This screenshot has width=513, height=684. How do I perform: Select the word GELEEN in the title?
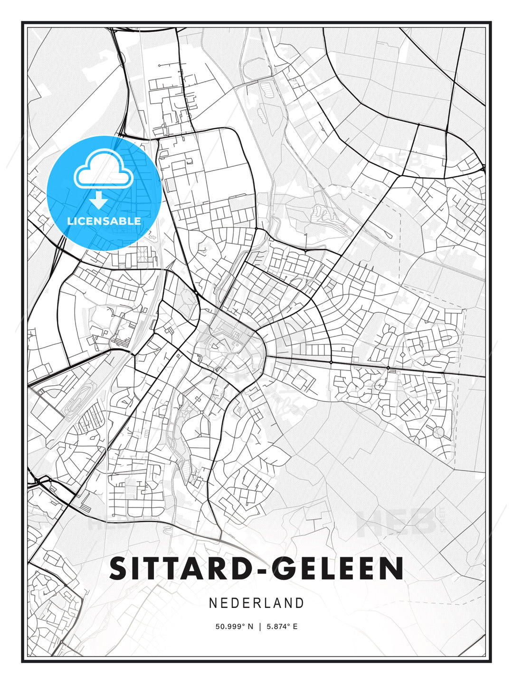tap(340, 569)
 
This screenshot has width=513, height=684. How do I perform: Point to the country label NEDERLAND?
tap(256, 603)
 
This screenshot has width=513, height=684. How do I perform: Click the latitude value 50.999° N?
tap(235, 627)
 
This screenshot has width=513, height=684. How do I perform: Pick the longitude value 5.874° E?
tap(282, 627)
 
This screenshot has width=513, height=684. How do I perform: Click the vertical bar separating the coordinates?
tap(260, 627)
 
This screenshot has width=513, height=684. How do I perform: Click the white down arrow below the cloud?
tap(99, 200)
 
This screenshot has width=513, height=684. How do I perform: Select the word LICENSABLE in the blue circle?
tap(104, 221)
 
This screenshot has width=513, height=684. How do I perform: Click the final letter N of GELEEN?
tap(393, 569)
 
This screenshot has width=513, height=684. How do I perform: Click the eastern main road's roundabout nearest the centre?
tap(331, 362)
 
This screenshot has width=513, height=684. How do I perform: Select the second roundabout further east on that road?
tap(388, 368)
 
